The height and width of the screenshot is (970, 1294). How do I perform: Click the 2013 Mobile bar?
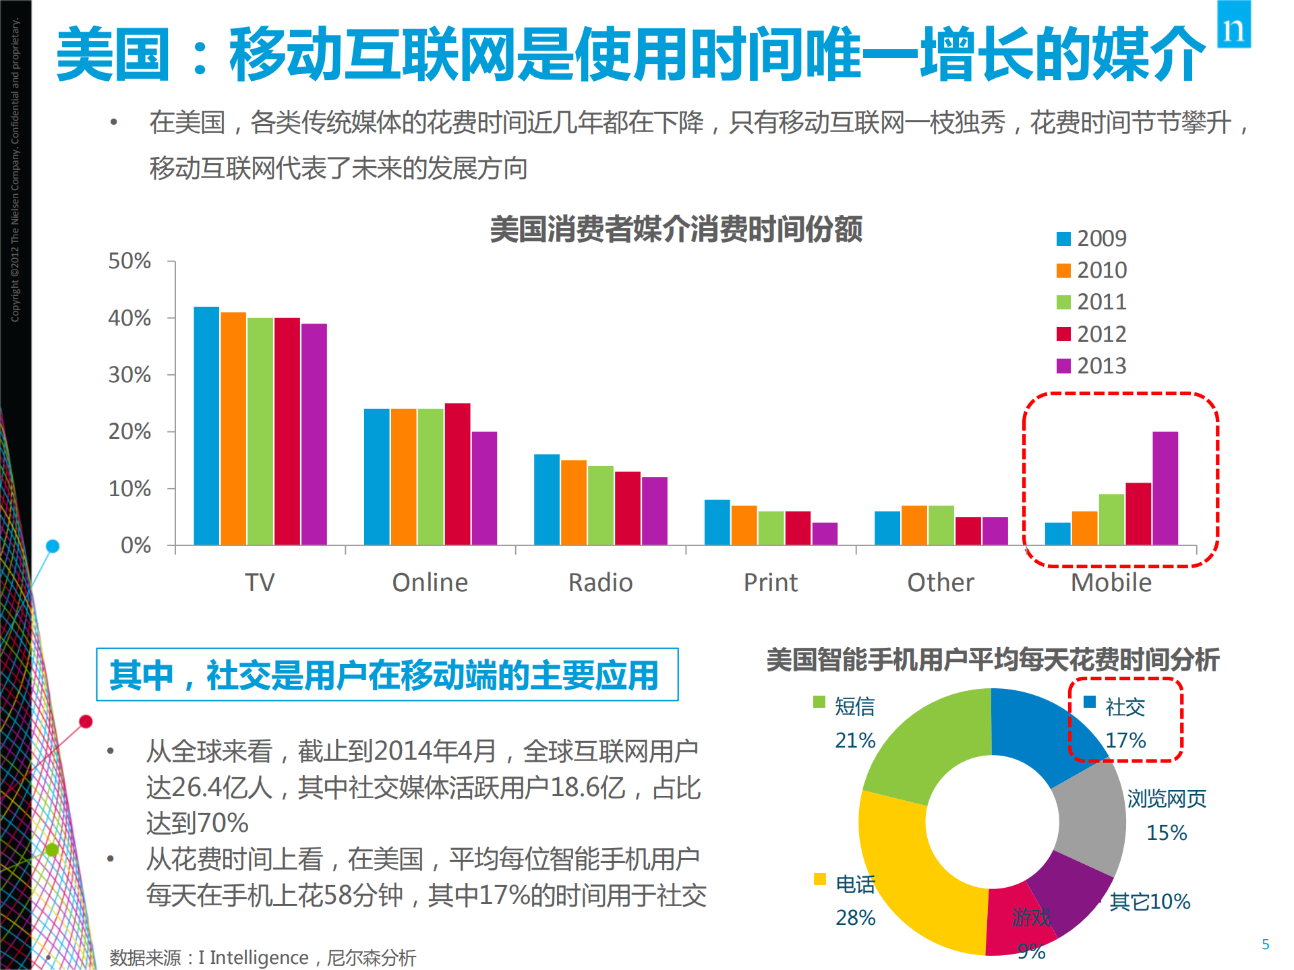pos(1165,489)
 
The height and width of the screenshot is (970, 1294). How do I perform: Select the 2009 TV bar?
pos(206,426)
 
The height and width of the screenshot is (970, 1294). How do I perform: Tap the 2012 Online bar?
pos(457,474)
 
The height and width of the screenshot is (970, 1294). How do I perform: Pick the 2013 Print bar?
pos(825,533)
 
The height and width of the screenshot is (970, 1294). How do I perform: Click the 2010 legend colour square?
pos(1063,270)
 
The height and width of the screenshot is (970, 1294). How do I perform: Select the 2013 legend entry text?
pos(1102,366)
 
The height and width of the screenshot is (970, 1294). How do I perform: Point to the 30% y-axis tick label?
pos(129,375)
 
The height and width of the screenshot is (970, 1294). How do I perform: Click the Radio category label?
pos(600,582)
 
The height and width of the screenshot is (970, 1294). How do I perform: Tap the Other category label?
pos(941,582)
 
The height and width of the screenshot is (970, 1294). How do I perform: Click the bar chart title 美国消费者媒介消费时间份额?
pos(676,229)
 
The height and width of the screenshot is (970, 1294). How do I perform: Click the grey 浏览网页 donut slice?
pos(1089,819)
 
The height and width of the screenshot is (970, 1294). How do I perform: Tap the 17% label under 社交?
pos(1125,740)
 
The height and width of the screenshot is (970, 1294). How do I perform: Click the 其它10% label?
pos(1150,901)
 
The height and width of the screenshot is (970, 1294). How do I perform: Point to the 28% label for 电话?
pos(855,917)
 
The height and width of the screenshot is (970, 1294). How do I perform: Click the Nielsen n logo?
pos(1233,25)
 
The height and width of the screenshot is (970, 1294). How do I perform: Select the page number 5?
pos(1265,944)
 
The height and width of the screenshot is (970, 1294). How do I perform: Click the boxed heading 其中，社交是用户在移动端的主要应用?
pos(387,675)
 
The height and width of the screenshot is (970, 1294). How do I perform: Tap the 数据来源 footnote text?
pos(263,957)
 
